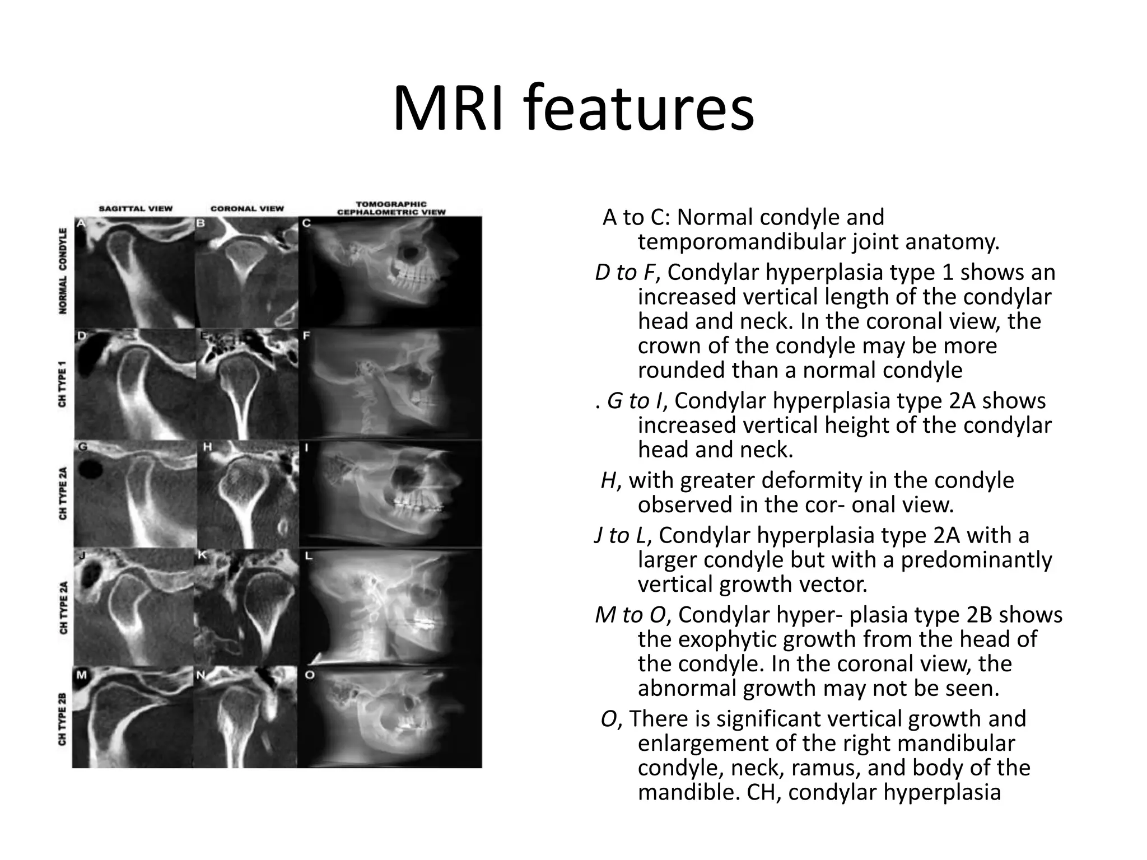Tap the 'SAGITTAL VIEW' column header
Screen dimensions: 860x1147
[136, 208]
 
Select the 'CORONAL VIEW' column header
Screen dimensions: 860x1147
[247, 208]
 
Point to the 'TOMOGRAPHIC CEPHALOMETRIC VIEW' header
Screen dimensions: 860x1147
[391, 208]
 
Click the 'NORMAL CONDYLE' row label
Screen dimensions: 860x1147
[63, 271]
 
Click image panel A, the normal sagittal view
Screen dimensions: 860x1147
[134, 272]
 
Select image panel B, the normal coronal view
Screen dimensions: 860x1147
[246, 272]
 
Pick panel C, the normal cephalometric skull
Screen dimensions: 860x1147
[390, 272]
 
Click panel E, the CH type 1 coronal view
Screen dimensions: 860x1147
[246, 384]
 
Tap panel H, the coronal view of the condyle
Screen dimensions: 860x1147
[246, 494]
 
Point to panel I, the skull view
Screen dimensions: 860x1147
[390, 494]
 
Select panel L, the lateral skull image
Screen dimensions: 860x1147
[390, 606]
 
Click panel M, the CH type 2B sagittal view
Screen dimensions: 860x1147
[134, 717]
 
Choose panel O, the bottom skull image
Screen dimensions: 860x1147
[390, 717]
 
